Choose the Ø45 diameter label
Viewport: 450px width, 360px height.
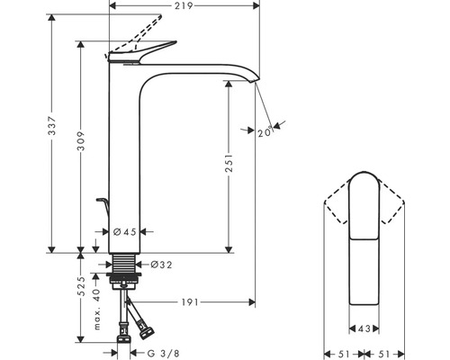[125, 232]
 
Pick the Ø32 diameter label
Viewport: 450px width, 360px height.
[158, 264]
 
